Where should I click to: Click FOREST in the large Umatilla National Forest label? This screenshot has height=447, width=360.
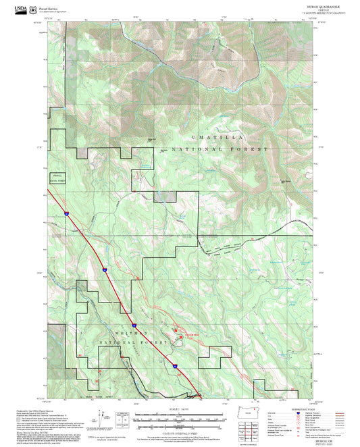253,149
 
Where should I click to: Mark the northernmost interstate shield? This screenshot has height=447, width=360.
67,213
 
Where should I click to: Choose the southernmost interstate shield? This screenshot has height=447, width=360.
175,365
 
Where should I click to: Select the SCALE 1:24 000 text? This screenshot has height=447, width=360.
180,407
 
